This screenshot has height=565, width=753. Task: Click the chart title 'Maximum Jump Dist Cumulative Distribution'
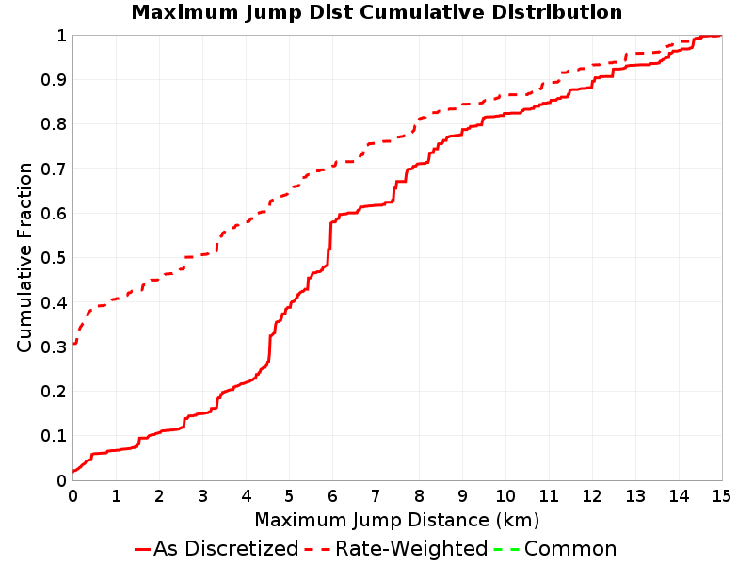376,12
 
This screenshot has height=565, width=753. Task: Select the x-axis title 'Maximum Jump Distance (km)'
396,521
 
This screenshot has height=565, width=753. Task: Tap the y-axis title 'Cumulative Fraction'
24,257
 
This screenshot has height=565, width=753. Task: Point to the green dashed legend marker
506,549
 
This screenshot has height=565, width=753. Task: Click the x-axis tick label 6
332,496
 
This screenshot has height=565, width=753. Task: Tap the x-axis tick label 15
721,496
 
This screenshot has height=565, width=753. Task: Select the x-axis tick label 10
505,496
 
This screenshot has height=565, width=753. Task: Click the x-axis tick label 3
202,496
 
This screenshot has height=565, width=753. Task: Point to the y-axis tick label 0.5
54,257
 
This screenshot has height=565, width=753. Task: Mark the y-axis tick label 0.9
54,80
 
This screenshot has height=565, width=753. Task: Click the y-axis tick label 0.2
54,391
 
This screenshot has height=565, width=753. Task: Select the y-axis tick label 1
61,36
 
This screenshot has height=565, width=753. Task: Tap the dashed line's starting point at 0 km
73,344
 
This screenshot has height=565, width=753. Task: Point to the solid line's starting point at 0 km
73,472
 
